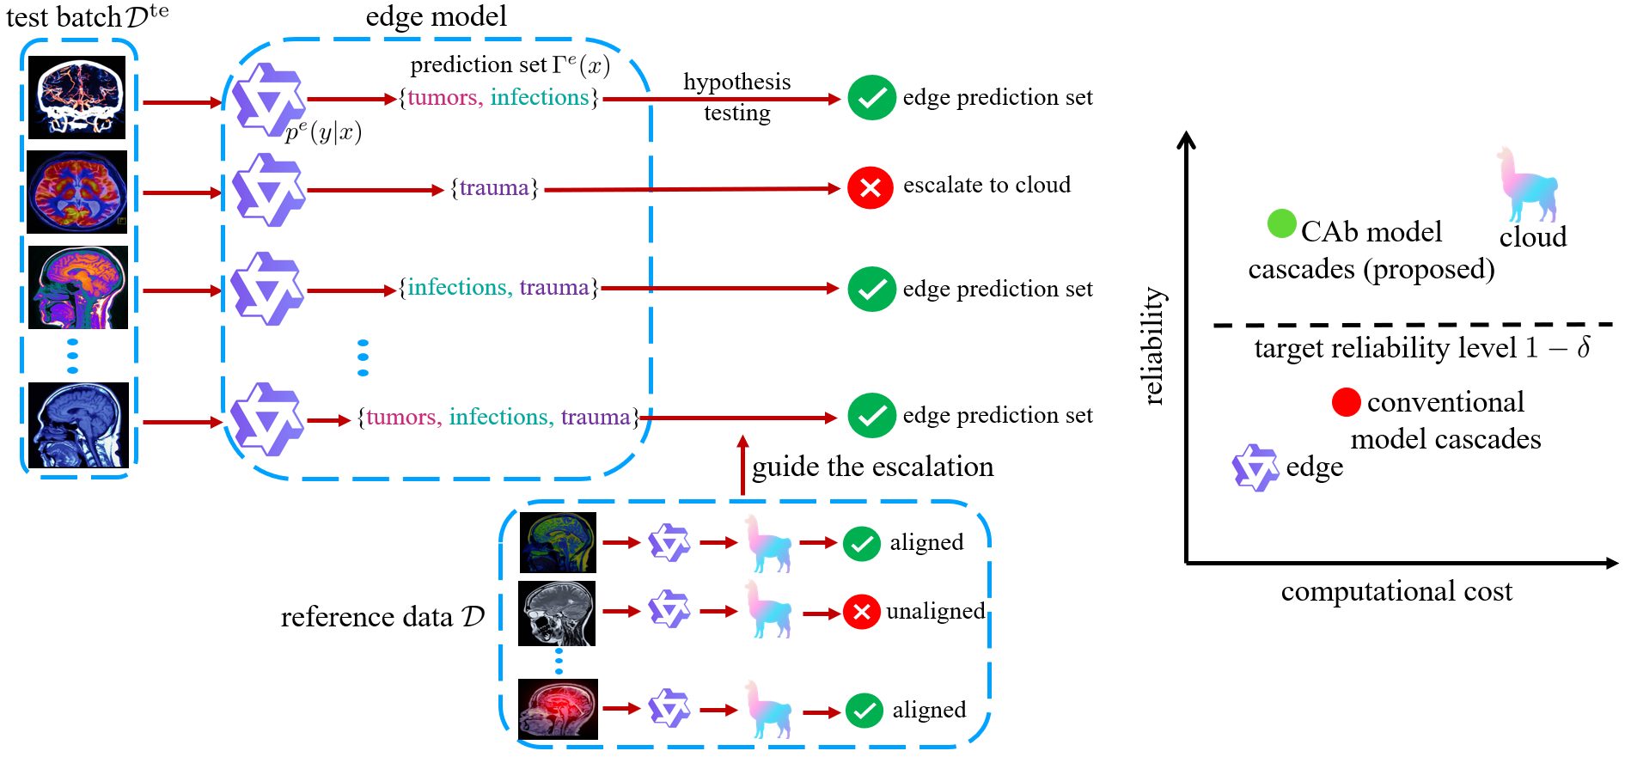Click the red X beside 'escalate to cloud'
point(870,187)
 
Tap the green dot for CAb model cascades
point(1281,224)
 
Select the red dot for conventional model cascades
point(1346,401)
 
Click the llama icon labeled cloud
point(1528,185)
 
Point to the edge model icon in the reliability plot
point(1255,467)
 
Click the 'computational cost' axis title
point(1396,591)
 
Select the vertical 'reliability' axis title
point(1154,345)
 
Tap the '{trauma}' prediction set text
point(494,188)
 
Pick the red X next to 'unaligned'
point(861,612)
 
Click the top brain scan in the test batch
point(77,97)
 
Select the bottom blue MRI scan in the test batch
point(78,425)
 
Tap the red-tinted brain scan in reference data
point(558,709)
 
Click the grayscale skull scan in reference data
point(557,613)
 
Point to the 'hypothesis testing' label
point(736,97)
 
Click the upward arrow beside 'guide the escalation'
point(742,465)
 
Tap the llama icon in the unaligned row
point(767,609)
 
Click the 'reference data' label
point(382,617)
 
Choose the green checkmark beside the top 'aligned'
point(861,543)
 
